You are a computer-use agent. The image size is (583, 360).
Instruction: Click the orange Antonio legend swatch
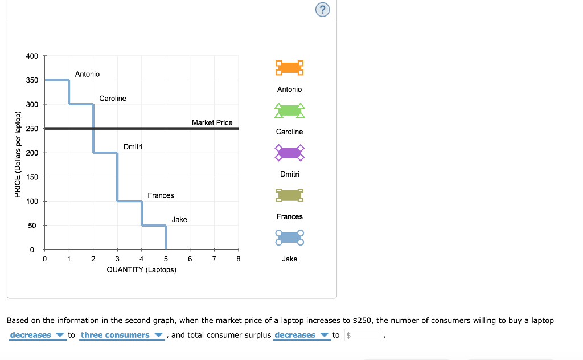[x=289, y=68]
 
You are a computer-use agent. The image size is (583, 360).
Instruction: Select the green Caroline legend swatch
[x=289, y=111]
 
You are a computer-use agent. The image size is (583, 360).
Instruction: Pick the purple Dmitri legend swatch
[x=289, y=153]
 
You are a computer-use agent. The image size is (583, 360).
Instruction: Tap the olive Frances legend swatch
[x=289, y=195]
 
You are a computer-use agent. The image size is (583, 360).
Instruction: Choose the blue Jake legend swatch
[x=289, y=238]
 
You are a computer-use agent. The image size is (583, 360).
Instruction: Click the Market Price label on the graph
[x=212, y=122]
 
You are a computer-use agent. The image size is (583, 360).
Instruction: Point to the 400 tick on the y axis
[x=32, y=56]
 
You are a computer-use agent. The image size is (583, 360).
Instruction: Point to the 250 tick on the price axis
[x=32, y=129]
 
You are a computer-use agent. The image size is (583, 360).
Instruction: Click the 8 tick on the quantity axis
[x=239, y=259]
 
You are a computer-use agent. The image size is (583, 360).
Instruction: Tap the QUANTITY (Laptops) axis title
[x=141, y=269]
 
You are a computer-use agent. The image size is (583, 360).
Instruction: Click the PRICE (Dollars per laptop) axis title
[x=18, y=153]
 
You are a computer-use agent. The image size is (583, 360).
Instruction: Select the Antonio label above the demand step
[x=87, y=74]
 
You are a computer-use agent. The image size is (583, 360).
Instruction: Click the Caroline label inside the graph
[x=113, y=99]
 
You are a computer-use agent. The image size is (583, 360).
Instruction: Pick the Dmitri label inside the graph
[x=133, y=147]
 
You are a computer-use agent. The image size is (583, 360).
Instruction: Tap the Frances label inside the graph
[x=161, y=195]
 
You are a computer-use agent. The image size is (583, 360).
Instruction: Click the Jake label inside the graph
[x=179, y=220]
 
